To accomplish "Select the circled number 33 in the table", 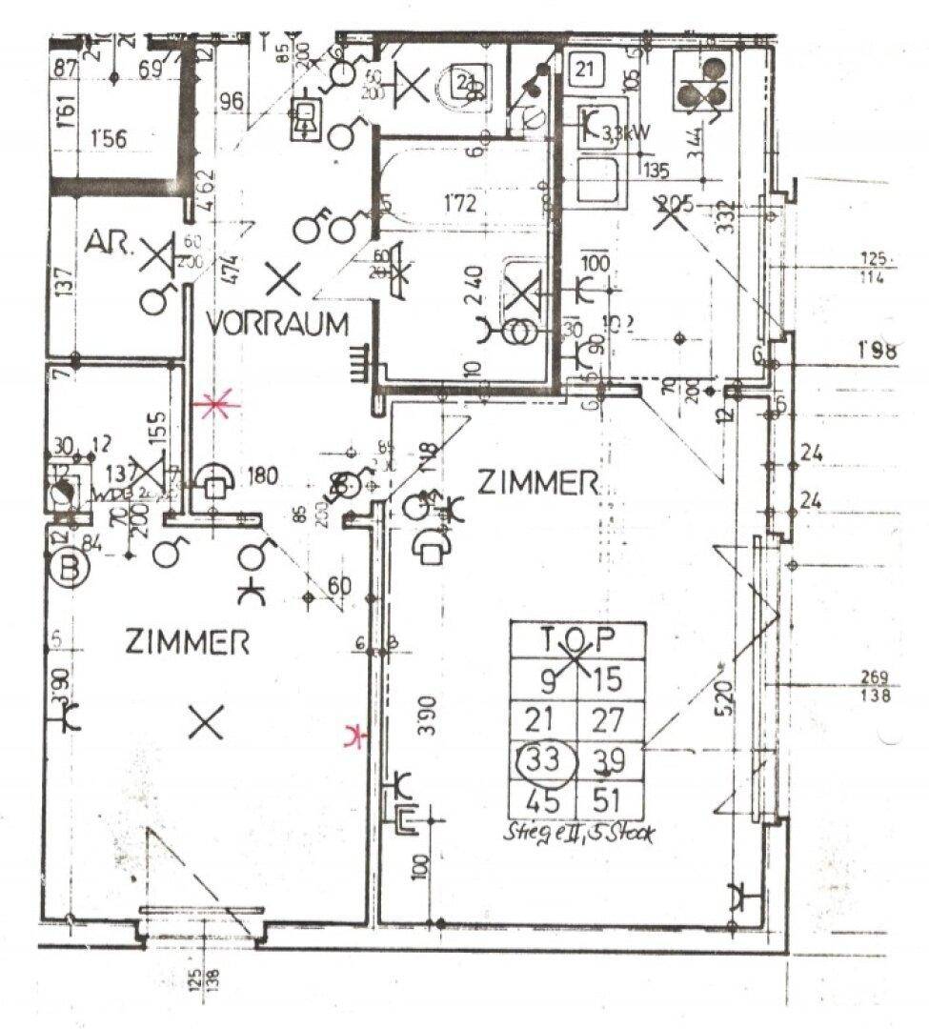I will (x=546, y=760).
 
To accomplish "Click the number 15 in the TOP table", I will (x=609, y=679).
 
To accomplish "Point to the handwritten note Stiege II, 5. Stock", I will (x=577, y=831).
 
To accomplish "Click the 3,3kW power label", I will (x=626, y=134).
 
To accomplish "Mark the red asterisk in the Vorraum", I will (x=217, y=407).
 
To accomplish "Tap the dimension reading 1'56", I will (x=108, y=138).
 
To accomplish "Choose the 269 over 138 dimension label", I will (x=874, y=687).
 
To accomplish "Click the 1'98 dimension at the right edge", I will (x=877, y=351).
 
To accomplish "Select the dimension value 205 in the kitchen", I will (x=675, y=203).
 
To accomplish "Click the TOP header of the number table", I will (x=577, y=636).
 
